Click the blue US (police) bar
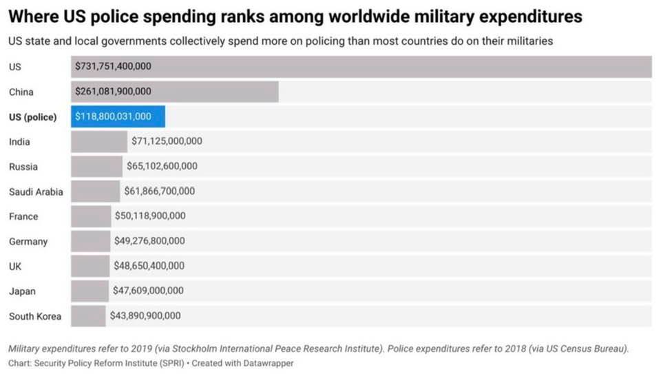[118, 116]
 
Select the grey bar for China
[175, 92]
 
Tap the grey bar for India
[99, 141]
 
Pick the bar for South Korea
[88, 315]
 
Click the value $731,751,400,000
[113, 67]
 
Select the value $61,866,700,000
[159, 191]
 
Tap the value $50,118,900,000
[150, 216]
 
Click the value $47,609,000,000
[148, 291]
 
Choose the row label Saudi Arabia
[36, 191]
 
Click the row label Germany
[28, 241]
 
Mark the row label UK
[15, 266]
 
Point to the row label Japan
[22, 291]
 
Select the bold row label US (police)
[33, 117]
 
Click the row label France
[23, 216]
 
